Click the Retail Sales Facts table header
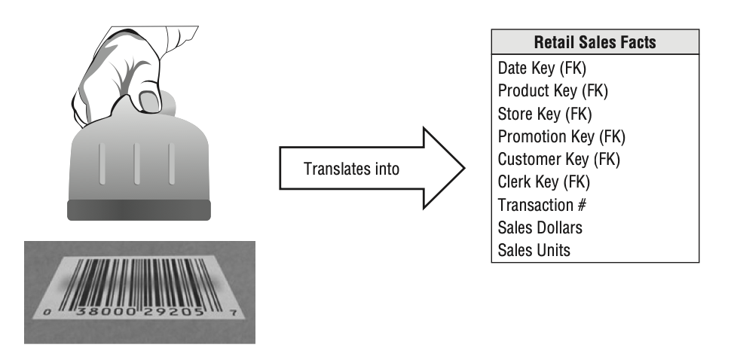pyautogui.click(x=595, y=42)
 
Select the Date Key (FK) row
pyautogui.click(x=542, y=69)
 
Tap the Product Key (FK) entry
pyautogui.click(x=552, y=91)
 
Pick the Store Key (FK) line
pyautogui.click(x=545, y=114)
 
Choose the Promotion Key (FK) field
pyautogui.click(x=561, y=137)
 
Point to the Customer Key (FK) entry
pyautogui.click(x=558, y=160)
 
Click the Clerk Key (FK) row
pyautogui.click(x=543, y=182)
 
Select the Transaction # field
pyautogui.click(x=542, y=205)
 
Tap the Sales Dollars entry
pyautogui.click(x=540, y=227)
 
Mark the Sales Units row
pyautogui.click(x=534, y=250)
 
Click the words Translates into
pyautogui.click(x=351, y=169)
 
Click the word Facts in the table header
pyautogui.click(x=637, y=42)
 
